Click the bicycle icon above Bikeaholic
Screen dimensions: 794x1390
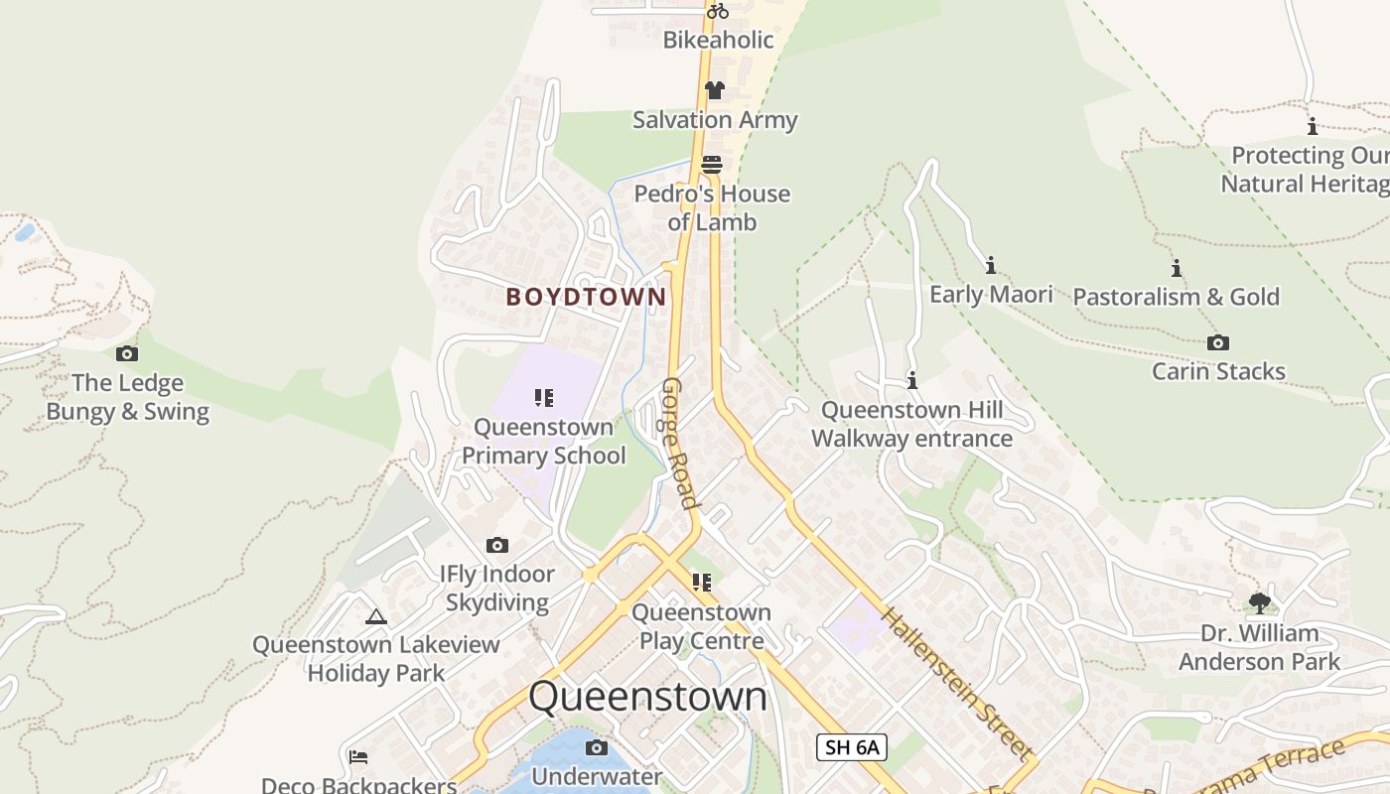click(x=717, y=11)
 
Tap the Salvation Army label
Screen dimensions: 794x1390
click(x=715, y=120)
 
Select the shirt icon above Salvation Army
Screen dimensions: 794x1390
click(x=714, y=90)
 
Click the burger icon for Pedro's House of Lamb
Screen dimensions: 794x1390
click(x=712, y=164)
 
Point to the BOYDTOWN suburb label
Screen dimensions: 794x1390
click(x=586, y=297)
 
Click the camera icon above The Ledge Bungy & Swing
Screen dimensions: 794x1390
click(x=127, y=353)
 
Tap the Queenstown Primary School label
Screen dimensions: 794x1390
click(x=543, y=442)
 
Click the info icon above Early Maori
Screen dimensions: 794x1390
click(x=990, y=265)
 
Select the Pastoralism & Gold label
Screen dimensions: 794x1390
click(x=1176, y=297)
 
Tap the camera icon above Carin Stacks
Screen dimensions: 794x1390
click(x=1217, y=342)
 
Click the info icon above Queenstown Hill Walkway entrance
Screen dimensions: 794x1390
click(x=911, y=380)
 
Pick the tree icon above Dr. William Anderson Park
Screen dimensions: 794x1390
click(x=1259, y=602)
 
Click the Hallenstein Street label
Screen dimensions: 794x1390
click(x=954, y=684)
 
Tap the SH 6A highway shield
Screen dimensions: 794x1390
click(x=851, y=747)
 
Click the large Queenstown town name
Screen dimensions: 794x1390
click(x=647, y=697)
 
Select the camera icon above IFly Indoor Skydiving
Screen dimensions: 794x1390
click(x=497, y=545)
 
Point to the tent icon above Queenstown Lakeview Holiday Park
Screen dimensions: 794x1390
click(x=375, y=616)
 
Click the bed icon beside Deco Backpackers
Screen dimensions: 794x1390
click(x=358, y=757)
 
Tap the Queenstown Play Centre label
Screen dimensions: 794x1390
click(x=701, y=626)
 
